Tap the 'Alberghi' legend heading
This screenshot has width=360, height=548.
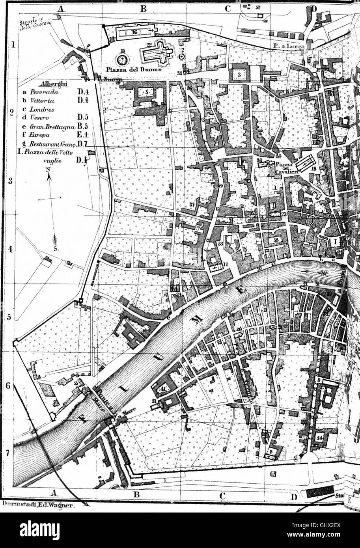coord(53,84)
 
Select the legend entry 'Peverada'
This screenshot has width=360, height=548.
coord(46,91)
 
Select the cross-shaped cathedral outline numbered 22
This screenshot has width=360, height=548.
coord(158,52)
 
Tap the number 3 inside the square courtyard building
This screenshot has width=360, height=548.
coord(239,74)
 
